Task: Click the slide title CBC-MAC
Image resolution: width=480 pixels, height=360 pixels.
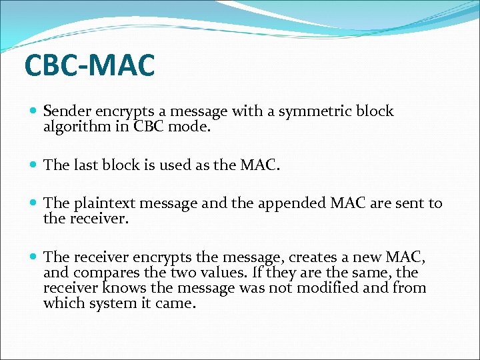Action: pyautogui.click(x=89, y=65)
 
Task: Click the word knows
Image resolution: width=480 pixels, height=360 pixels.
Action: pyautogui.click(x=125, y=287)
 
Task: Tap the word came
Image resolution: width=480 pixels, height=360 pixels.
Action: pyautogui.click(x=179, y=303)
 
